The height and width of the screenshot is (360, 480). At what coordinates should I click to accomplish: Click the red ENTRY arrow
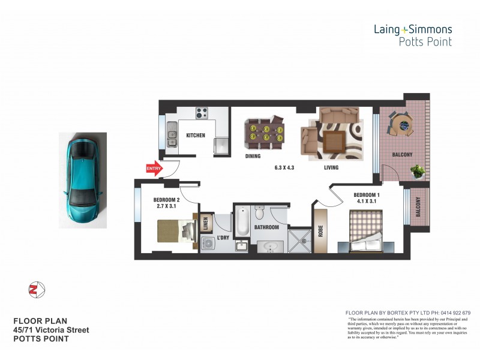coord(154,169)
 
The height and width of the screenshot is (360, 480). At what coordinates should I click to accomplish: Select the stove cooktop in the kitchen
coord(200,113)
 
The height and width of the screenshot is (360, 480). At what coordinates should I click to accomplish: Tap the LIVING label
coord(331,168)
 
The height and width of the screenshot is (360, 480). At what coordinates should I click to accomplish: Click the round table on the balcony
coord(403,125)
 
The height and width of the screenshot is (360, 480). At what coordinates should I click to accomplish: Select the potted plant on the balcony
coord(418,171)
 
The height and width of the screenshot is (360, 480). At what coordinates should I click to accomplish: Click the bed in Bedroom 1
coord(367,236)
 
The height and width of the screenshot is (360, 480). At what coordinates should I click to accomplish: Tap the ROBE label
coord(320,230)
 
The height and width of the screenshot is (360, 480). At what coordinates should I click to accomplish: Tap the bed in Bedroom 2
coord(175,231)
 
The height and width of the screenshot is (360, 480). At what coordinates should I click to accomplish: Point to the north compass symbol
coord(37,290)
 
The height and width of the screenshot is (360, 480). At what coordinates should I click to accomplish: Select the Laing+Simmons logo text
coord(412,29)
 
